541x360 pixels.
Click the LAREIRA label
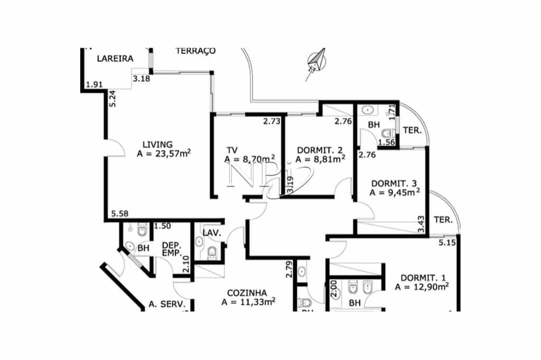click(115, 59)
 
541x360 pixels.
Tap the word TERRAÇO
click(195, 51)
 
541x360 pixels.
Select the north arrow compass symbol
click(316, 62)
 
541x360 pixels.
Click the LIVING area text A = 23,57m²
click(163, 154)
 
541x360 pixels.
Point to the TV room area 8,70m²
click(249, 158)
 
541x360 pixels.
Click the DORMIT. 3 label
click(394, 183)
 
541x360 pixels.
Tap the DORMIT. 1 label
click(423, 278)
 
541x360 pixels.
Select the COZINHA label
click(247, 293)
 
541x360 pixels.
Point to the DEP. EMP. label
click(172, 249)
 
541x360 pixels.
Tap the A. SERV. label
click(166, 305)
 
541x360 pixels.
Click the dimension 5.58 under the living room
click(120, 214)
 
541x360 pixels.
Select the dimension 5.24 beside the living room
click(112, 99)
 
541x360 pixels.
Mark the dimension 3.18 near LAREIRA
click(142, 79)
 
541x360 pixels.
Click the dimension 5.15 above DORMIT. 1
click(447, 243)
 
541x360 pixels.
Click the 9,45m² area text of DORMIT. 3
click(395, 193)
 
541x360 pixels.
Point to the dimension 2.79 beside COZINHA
click(289, 269)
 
